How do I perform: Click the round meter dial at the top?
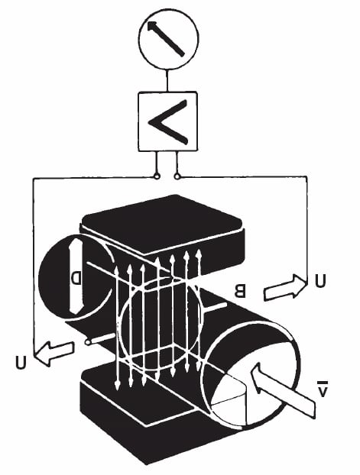point(169,39)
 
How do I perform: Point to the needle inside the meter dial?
point(166,40)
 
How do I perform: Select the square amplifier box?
point(167,121)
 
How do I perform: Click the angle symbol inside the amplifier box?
point(168,121)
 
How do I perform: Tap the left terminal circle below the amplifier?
point(157,176)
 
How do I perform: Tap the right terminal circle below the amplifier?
point(177,176)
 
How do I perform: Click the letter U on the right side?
point(320,281)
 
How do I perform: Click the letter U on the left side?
point(21,362)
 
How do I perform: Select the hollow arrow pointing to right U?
point(284,287)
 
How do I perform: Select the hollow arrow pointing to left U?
point(54,353)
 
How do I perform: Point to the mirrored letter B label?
point(240,290)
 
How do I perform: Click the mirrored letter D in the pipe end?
point(76,278)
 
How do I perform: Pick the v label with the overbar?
point(322,390)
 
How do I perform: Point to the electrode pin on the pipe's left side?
point(100,339)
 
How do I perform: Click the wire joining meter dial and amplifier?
point(167,81)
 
